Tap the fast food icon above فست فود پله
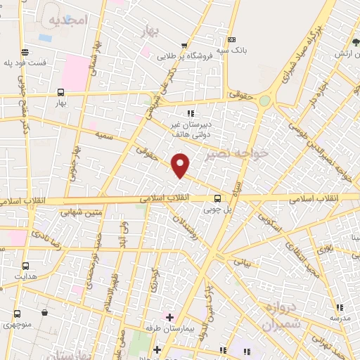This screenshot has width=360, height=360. click(x=26, y=52)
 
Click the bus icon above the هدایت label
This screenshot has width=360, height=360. click(x=26, y=266)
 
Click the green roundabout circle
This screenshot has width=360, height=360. click(x=264, y=101)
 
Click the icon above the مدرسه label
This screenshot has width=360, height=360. click(x=340, y=307)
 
